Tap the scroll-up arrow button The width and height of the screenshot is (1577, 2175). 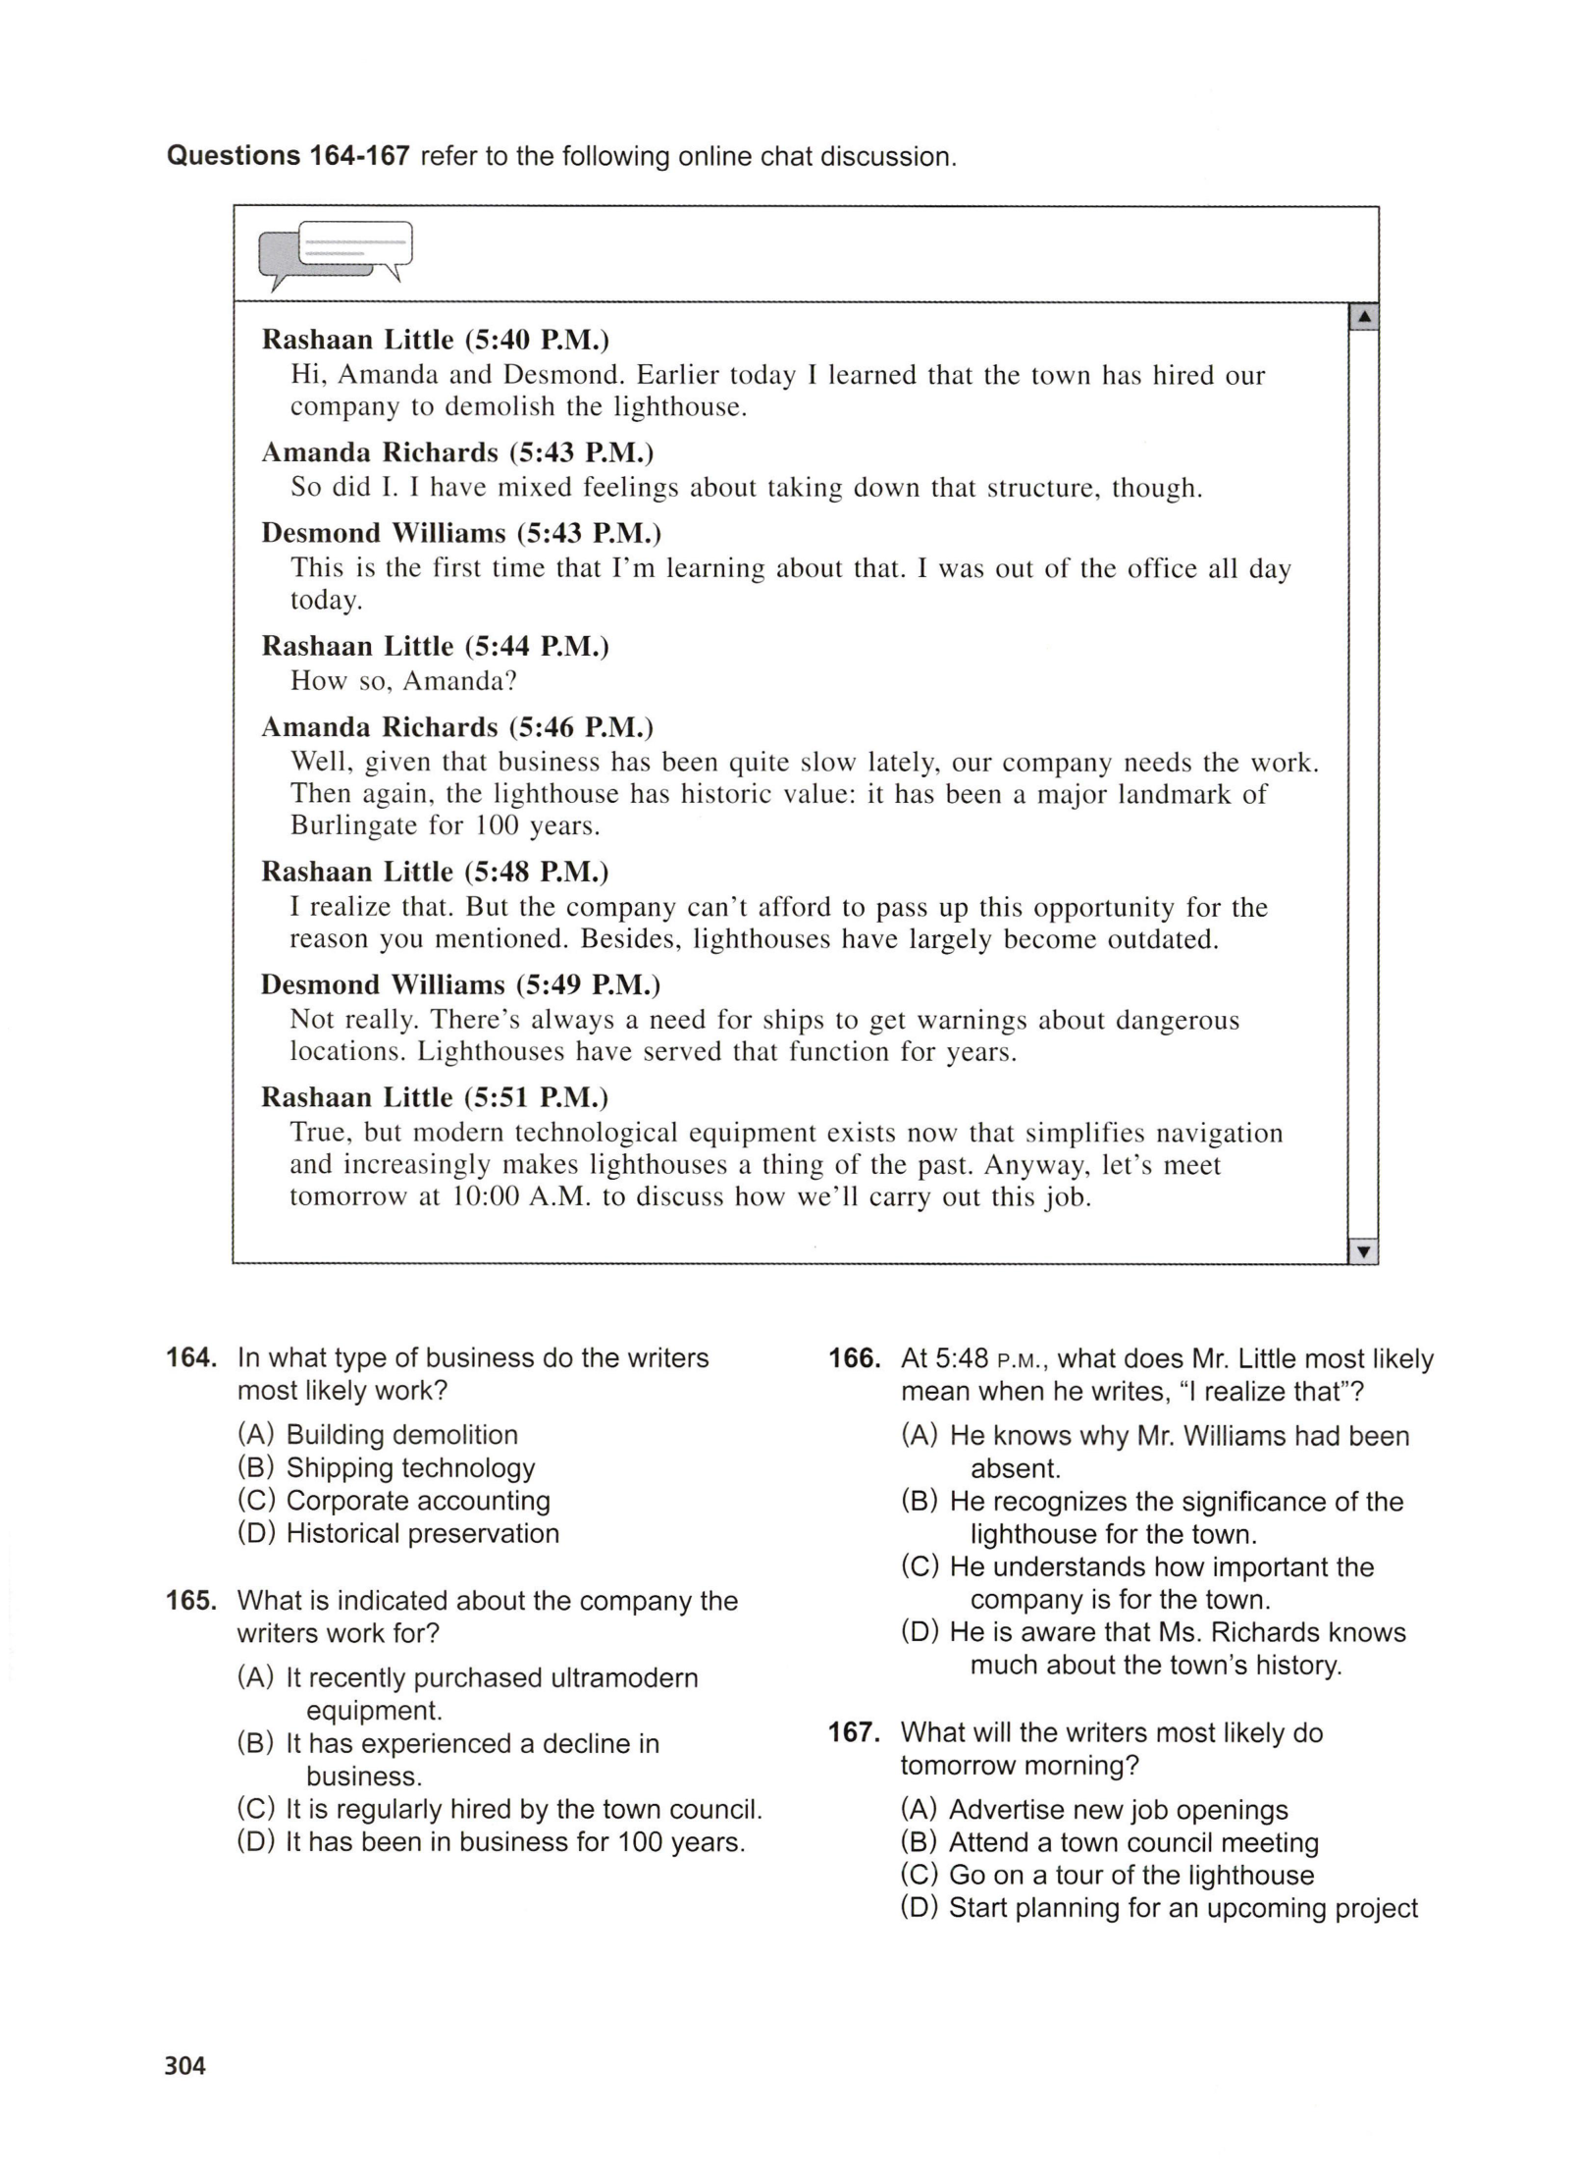click(1363, 318)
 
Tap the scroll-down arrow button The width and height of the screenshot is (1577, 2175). click(1363, 1251)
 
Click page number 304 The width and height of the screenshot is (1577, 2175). click(184, 2066)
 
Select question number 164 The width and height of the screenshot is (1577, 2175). click(190, 1358)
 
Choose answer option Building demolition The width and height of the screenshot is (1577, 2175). click(401, 1435)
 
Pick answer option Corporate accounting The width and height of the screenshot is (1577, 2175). click(417, 1501)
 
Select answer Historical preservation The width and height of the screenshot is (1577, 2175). click(422, 1533)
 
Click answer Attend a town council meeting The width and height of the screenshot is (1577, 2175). click(1133, 1842)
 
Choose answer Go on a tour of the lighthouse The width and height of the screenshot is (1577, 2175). click(1130, 1875)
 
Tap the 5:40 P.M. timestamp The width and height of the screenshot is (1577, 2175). click(537, 340)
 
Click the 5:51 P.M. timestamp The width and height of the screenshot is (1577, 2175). click(537, 1097)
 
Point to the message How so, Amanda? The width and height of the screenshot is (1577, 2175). click(403, 680)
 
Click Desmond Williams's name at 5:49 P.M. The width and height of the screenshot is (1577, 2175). click(383, 984)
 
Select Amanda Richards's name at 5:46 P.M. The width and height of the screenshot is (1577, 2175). click(380, 727)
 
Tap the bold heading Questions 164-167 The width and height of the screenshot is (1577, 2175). click(288, 156)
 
